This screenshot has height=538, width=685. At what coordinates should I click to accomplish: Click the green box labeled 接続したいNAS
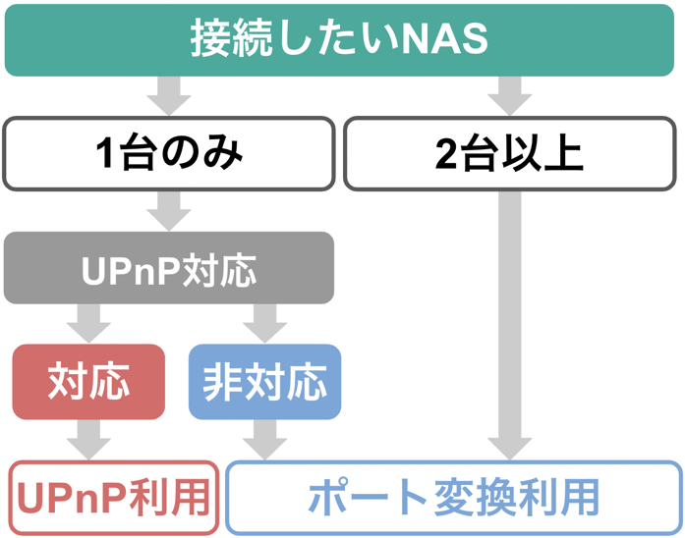[x=341, y=40]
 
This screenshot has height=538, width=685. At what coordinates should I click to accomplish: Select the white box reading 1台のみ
[x=169, y=154]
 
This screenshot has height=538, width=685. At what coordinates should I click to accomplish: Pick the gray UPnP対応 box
[x=169, y=268]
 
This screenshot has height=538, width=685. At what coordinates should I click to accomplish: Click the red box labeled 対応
[x=88, y=382]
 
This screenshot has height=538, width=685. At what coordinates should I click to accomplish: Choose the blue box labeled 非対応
[x=264, y=382]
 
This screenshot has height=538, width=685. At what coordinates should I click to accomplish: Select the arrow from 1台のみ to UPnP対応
[x=169, y=211]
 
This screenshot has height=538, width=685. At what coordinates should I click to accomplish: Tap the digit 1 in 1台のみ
[x=107, y=155]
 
